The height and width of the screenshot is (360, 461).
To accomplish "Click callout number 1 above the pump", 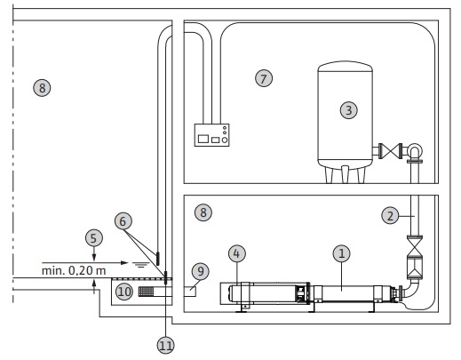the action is [341, 253].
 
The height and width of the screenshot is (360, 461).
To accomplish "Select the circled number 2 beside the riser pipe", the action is [390, 215].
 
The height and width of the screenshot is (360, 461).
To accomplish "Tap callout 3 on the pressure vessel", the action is [349, 110].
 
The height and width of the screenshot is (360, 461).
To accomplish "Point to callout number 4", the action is [236, 253].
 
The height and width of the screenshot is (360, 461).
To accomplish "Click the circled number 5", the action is [94, 238].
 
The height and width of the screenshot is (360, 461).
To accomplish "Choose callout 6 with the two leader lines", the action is [123, 221].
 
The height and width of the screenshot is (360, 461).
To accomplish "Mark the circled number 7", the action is [264, 78].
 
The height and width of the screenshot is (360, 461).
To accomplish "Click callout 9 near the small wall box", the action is [201, 271].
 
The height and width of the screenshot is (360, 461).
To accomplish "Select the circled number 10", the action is [124, 292].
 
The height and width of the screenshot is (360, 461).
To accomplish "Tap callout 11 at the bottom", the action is [165, 345].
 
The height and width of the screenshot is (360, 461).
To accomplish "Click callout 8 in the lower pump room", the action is [203, 212].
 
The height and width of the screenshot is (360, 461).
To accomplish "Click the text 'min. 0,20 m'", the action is [74, 270].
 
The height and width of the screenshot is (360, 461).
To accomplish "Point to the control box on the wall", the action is [211, 135].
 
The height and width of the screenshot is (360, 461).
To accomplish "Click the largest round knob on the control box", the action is [225, 140].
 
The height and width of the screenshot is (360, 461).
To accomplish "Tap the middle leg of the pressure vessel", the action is [345, 174].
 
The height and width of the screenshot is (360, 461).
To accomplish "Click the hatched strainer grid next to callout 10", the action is [146, 292].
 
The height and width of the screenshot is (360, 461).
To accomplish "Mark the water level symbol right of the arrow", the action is [140, 264].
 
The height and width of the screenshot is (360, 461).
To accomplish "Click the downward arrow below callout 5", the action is [94, 254].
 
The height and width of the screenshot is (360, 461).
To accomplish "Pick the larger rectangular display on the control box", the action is [203, 139].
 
